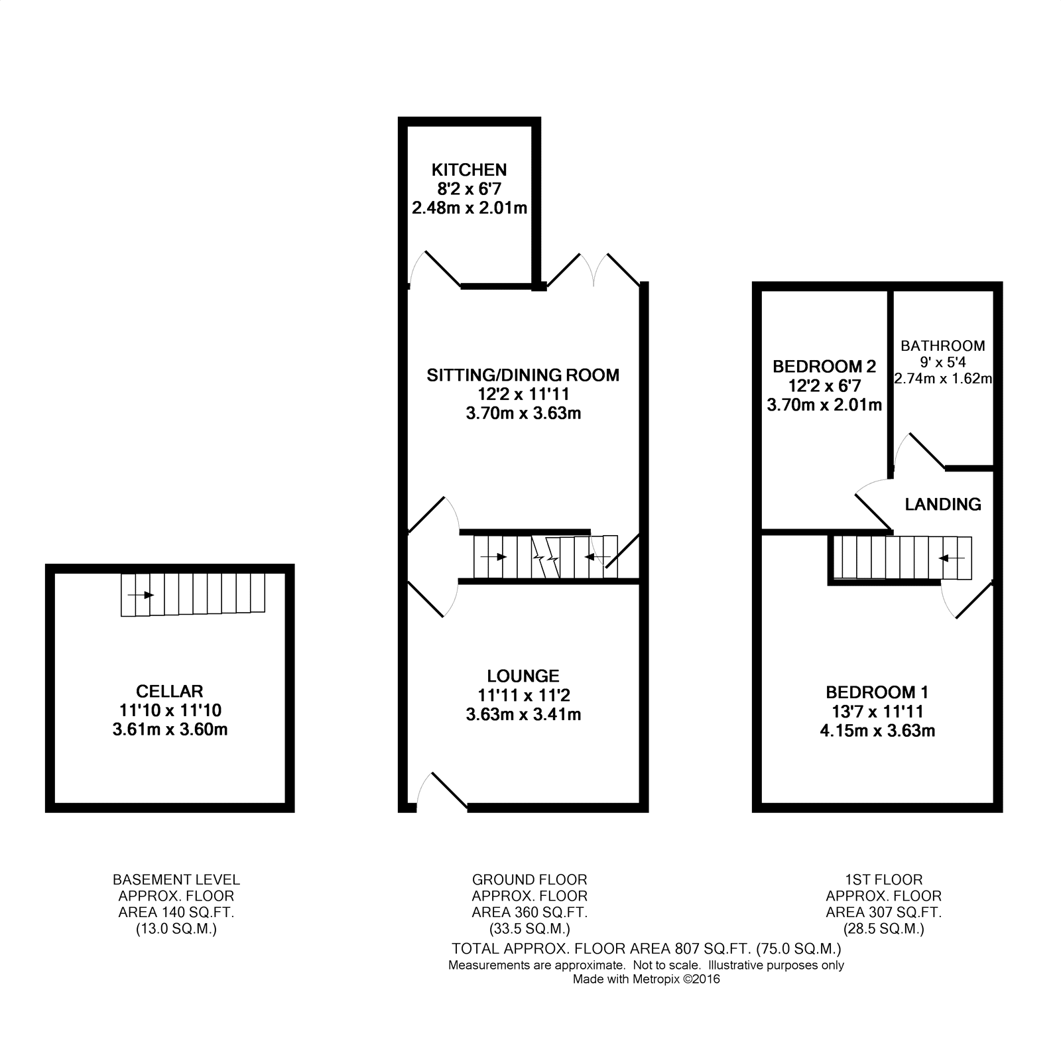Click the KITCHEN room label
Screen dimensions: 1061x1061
click(469, 170)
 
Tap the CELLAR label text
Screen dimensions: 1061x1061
click(170, 692)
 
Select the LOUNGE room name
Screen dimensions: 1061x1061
click(523, 676)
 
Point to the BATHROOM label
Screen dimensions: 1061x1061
click(942, 345)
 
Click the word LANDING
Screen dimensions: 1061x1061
click(943, 505)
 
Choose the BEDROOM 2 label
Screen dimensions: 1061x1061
click(824, 366)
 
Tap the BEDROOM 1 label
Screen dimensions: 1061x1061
click(877, 693)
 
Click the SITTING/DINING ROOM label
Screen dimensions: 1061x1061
click(523, 375)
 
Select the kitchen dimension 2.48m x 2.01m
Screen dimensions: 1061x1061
click(469, 208)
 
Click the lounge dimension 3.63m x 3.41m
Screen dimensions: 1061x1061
click(523, 715)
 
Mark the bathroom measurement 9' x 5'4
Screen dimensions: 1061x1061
click(942, 362)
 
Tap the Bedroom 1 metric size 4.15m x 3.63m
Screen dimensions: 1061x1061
click(877, 731)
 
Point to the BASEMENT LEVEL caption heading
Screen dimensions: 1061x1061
click(176, 880)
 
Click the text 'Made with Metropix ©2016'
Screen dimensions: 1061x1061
click(646, 979)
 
